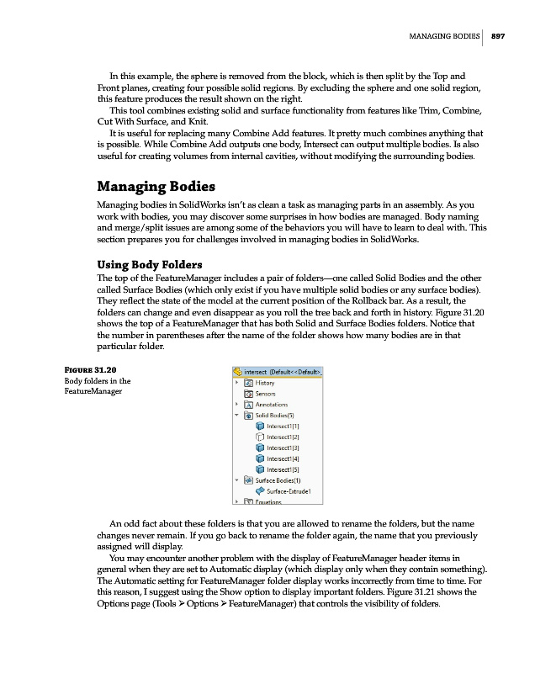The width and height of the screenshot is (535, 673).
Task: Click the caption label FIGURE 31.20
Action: [x=90, y=369]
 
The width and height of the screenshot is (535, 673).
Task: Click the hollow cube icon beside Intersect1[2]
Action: [x=259, y=437]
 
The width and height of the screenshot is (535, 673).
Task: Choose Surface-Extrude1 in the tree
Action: [x=289, y=491]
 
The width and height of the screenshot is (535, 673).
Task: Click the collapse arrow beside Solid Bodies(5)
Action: [x=236, y=416]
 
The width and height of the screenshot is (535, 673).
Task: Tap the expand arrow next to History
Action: [x=236, y=383]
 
